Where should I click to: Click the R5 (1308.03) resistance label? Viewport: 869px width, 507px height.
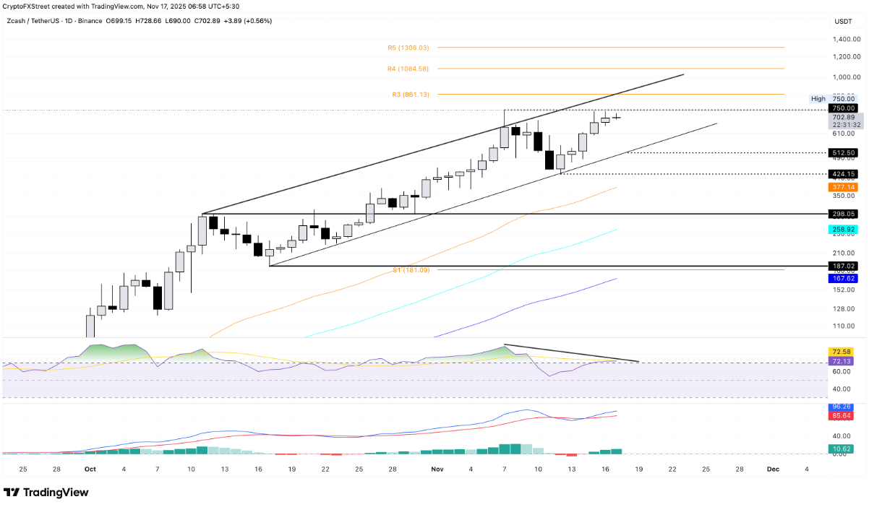pyautogui.click(x=408, y=48)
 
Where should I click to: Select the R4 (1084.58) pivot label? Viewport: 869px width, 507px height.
pyautogui.click(x=408, y=69)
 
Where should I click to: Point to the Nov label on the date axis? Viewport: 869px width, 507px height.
pyautogui.click(x=437, y=469)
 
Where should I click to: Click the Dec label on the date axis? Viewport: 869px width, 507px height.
pyautogui.click(x=773, y=469)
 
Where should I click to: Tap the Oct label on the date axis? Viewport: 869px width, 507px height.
pyautogui.click(x=90, y=469)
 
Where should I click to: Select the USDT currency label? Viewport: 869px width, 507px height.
pyautogui.click(x=843, y=22)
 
